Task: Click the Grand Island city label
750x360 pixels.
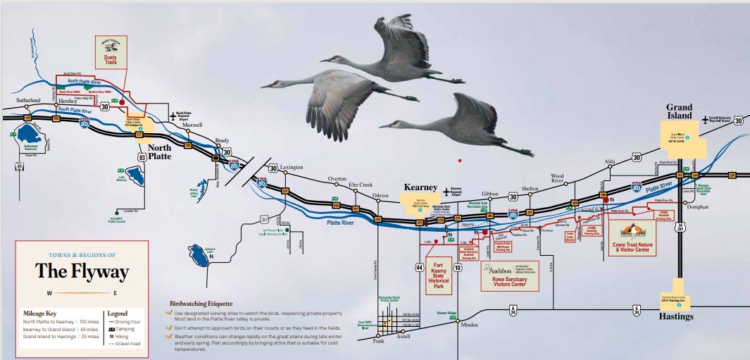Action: point(680,111)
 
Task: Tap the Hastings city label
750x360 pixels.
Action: point(677,316)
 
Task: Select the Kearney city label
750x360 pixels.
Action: point(420,188)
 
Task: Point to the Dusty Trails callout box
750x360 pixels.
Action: point(111,52)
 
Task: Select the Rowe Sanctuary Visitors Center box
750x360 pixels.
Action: point(509,275)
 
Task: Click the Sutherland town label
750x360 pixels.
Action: point(27,101)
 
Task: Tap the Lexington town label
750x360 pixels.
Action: point(291,168)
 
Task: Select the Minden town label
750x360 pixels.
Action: point(469,325)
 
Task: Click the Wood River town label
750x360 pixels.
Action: point(557,178)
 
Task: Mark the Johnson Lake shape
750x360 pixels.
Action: point(199,256)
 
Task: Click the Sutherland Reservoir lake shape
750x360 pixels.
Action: point(30,133)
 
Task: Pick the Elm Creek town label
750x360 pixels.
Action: point(360,185)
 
